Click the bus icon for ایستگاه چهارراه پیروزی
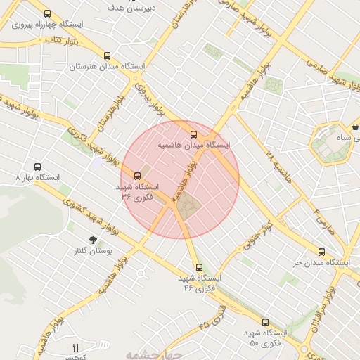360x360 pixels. pos(47,13)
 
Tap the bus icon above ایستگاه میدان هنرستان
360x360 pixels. pos(107,56)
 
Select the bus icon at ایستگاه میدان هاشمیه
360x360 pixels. pos(193,134)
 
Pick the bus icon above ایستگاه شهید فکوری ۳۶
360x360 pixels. pos(137,176)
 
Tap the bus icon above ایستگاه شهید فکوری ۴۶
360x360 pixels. pos(199,267)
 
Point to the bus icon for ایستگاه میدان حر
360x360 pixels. pos(321,252)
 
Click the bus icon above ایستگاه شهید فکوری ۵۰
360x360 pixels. pos(265,322)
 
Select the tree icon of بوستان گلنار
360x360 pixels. pos(94,240)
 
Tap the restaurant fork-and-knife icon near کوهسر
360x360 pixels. pos(76,347)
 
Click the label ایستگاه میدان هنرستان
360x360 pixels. pos(107,67)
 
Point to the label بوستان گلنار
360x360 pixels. pos(93,251)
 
